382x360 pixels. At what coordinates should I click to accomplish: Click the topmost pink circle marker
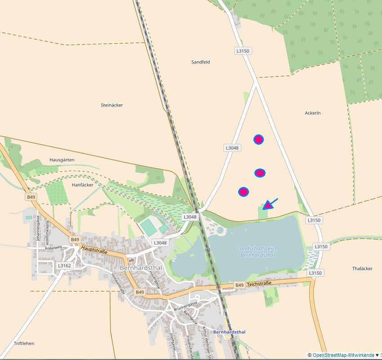tap(258, 139)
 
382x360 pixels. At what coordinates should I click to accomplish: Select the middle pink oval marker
tap(260, 173)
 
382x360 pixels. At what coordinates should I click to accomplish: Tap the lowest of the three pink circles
tap(244, 192)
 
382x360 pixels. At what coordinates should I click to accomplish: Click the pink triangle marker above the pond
tap(268, 205)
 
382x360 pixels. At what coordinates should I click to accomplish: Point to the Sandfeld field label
tap(200, 62)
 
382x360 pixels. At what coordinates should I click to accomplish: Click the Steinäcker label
tap(112, 105)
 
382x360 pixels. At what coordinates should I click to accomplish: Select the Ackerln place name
tap(313, 113)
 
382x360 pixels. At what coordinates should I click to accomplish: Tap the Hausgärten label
tap(62, 160)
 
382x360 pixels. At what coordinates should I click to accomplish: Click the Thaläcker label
tap(362, 268)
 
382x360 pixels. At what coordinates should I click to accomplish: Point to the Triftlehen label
tap(24, 343)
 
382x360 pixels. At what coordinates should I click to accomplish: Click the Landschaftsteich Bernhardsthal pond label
tap(258, 252)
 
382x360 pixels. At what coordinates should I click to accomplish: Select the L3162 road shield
tap(64, 266)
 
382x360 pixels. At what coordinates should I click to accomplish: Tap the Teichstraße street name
tap(260, 284)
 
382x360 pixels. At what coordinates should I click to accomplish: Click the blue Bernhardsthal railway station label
tap(230, 332)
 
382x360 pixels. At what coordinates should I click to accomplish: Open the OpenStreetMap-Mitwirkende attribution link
tap(343, 355)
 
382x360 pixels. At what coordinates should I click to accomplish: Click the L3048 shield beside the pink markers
tap(232, 148)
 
